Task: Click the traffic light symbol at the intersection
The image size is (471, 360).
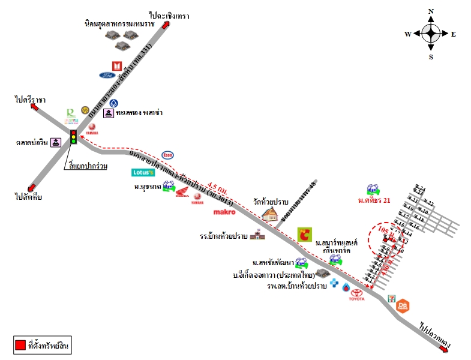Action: pyautogui.click(x=74, y=137)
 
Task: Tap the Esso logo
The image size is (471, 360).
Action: pyautogui.click(x=168, y=155)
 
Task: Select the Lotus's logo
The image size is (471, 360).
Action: pyautogui.click(x=143, y=172)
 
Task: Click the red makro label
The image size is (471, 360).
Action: pyautogui.click(x=224, y=212)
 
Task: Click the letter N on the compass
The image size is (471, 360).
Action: pyautogui.click(x=431, y=11)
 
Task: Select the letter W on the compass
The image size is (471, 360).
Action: pyautogui.click(x=407, y=34)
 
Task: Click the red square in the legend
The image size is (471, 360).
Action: pyautogui.click(x=20, y=345)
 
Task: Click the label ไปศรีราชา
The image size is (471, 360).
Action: pyautogui.click(x=31, y=99)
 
